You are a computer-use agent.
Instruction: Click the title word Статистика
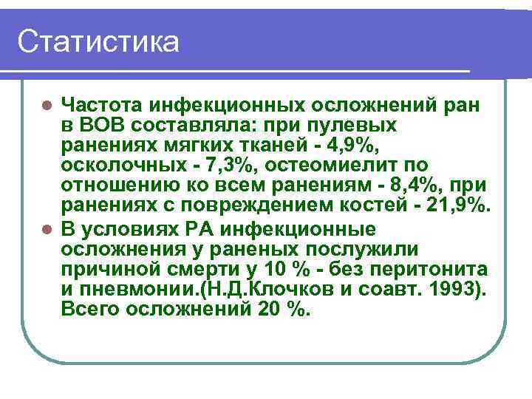tap(98, 41)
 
